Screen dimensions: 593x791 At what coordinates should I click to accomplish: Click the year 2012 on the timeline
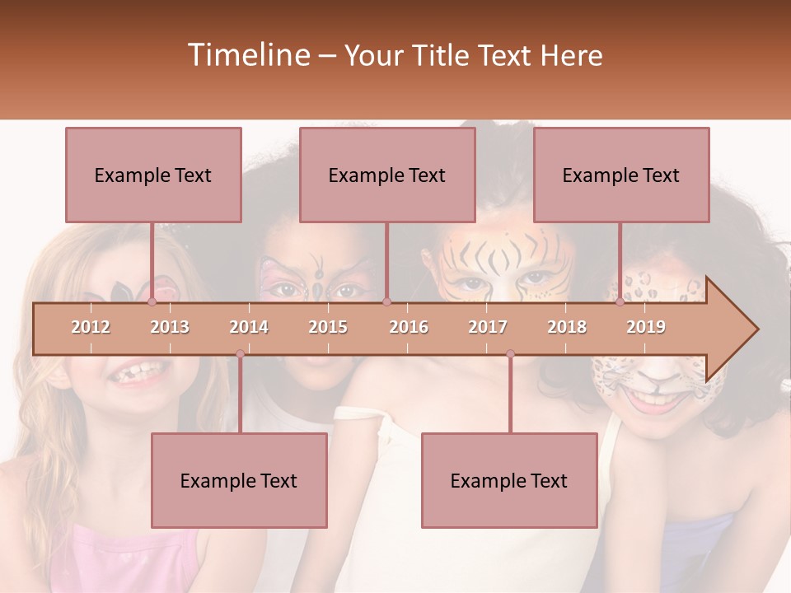pos(91,327)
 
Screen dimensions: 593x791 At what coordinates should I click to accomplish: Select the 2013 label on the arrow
pos(170,327)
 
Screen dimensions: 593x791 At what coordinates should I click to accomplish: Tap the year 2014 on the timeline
pos(249,327)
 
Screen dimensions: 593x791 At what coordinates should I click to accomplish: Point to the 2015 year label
pos(328,327)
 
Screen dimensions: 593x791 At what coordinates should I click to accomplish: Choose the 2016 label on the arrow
pos(409,327)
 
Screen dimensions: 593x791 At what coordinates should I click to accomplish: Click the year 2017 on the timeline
pos(488,327)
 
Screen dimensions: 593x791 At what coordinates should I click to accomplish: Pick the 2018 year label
pos(567,327)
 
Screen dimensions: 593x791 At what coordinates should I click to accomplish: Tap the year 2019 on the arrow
pos(646,327)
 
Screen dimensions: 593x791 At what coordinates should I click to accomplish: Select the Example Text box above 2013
pos(153,175)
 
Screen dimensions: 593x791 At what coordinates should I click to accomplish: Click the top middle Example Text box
pos(387,175)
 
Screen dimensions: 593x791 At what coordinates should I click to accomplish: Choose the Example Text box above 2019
pos(621,175)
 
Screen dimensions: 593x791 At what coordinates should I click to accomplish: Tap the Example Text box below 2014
pos(239,480)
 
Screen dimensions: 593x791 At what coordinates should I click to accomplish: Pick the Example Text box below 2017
pos(509,480)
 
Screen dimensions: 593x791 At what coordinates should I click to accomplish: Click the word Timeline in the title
pos(246,55)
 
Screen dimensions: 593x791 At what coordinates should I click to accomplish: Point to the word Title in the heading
pos(440,56)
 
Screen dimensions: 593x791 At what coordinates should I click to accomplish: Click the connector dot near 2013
pos(152,302)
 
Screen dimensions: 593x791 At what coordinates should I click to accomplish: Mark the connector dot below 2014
pos(240,354)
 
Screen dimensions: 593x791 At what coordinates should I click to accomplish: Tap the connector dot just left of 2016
pos(386,302)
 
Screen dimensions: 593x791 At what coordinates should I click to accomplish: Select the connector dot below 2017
pos(510,354)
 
